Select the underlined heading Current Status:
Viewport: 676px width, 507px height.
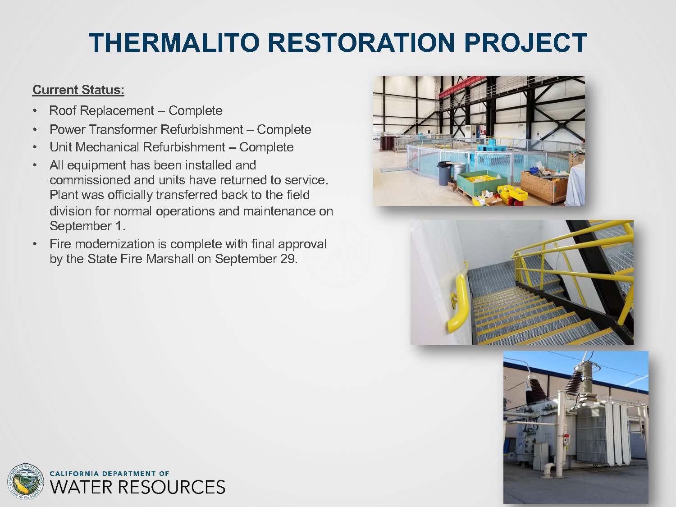78,90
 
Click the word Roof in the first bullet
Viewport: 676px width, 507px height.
63,110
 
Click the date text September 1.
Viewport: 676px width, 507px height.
87,226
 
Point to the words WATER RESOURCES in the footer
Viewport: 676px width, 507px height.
137,487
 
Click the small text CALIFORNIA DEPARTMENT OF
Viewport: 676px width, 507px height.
110,473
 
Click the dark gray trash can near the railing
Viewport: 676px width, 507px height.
444,174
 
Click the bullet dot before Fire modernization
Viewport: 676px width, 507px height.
35,244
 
